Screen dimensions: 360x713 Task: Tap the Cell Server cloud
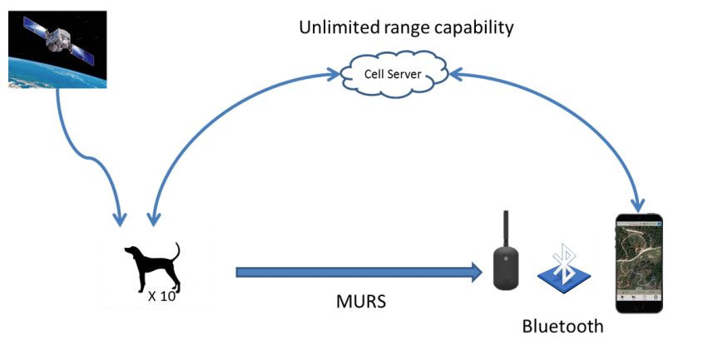[x=394, y=74]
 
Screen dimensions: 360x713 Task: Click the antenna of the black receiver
[x=505, y=229]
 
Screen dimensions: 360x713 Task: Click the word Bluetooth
[x=562, y=326]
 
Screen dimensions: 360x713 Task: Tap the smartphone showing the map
[x=638, y=262]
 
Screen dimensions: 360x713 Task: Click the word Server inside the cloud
[x=406, y=74]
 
